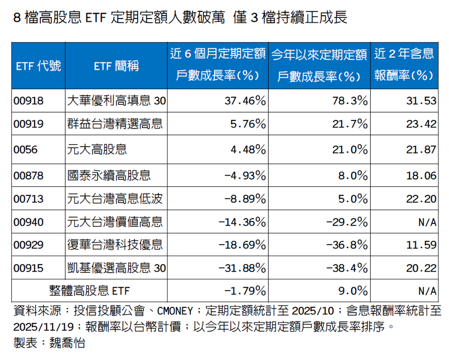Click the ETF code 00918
(x=29, y=101)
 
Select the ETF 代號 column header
(x=38, y=66)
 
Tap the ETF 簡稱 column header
(x=116, y=66)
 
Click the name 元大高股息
(x=97, y=150)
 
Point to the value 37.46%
(x=245, y=101)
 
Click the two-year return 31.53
(x=422, y=101)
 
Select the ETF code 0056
(x=25, y=150)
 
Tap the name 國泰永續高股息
(x=109, y=175)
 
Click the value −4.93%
(x=245, y=175)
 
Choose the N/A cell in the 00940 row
(x=427, y=222)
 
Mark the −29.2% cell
(x=346, y=222)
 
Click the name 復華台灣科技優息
(x=115, y=244)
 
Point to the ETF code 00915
(x=29, y=267)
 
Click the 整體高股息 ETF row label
(x=89, y=291)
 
